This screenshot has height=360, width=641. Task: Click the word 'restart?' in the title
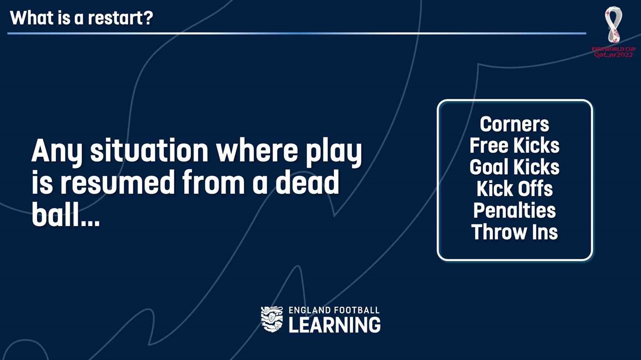tap(120, 18)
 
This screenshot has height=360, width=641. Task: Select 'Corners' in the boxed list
tap(514, 124)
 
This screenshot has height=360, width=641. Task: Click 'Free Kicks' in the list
tap(514, 145)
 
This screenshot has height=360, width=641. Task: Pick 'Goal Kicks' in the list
tap(514, 167)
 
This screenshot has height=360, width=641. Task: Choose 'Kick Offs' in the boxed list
tap(514, 188)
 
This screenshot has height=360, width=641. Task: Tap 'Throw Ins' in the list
tap(514, 232)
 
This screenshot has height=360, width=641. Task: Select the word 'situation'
tap(149, 150)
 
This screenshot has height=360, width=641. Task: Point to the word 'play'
tap(334, 152)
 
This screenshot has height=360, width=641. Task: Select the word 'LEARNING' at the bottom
tap(334, 325)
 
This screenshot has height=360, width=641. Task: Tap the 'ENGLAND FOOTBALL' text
tap(334, 310)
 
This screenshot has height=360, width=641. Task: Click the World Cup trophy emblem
tap(613, 25)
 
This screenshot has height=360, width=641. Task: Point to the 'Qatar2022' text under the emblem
tap(614, 55)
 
